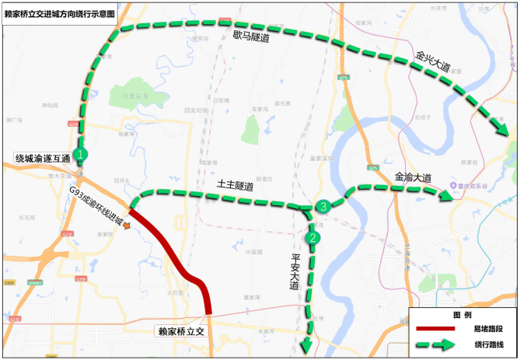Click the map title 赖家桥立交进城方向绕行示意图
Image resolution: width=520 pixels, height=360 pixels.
pyautogui.click(x=62, y=13)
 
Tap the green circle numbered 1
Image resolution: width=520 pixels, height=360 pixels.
pyautogui.click(x=81, y=154)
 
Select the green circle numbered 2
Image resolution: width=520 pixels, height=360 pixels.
pyautogui.click(x=312, y=237)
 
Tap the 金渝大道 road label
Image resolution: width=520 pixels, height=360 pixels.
pyautogui.click(x=413, y=178)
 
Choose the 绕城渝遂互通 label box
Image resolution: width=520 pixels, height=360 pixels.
pyautogui.click(x=42, y=159)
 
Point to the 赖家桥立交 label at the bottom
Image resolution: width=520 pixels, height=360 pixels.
pyautogui.click(x=180, y=330)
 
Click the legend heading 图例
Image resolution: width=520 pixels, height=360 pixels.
pyautogui.click(x=462, y=315)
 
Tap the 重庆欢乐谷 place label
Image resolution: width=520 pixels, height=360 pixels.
pyautogui.click(x=476, y=188)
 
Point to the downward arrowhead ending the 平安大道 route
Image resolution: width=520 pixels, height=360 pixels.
pyautogui.click(x=309, y=344)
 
